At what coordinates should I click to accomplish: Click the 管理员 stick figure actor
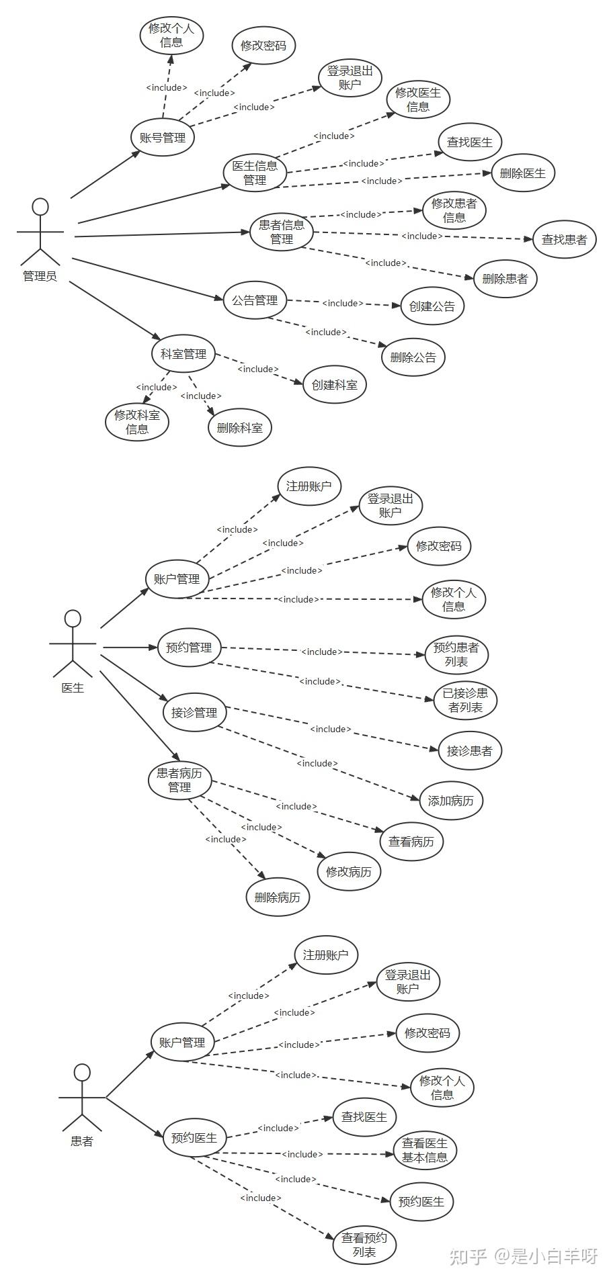[40, 232]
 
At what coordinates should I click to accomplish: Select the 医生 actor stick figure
[73, 643]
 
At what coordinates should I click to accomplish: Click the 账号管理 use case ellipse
[163, 138]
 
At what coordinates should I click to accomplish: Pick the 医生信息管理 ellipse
[255, 173]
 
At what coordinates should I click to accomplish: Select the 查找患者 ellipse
[564, 239]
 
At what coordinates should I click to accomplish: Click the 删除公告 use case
[413, 357]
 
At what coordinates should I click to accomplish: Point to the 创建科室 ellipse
[334, 385]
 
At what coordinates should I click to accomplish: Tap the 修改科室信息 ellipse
[137, 422]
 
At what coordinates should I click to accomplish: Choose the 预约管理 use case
[189, 648]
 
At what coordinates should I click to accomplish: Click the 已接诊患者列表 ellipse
[466, 700]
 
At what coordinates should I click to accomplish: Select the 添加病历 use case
[451, 801]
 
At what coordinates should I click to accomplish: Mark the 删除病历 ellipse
[278, 897]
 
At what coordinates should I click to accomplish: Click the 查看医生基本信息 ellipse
[425, 1150]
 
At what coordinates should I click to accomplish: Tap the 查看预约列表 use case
[364, 1245]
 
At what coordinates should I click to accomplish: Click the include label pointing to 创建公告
[343, 303]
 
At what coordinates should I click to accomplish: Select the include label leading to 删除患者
[386, 263]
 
